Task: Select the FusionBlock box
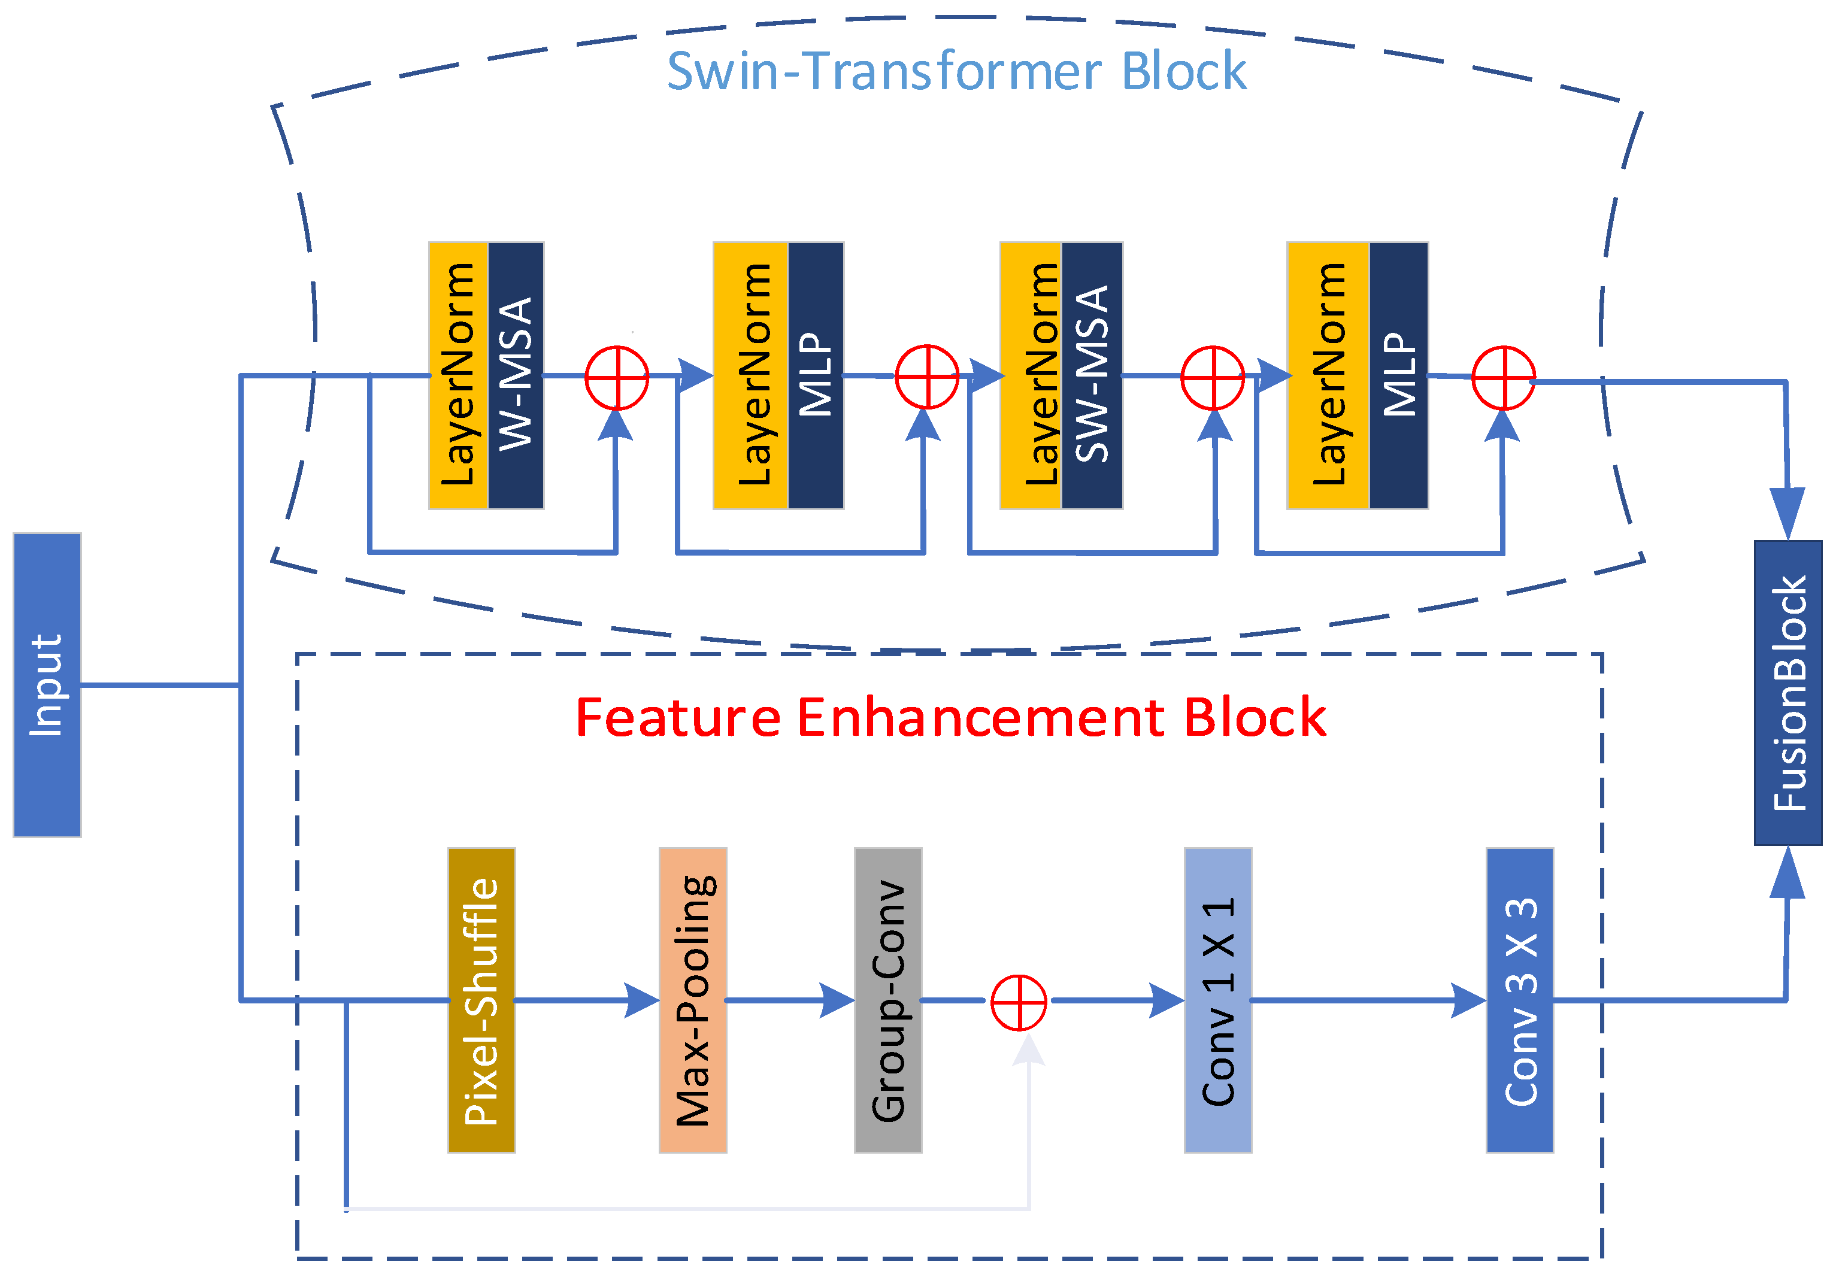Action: pos(1788,693)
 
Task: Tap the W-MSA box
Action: pos(516,375)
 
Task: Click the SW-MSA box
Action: pos(1092,375)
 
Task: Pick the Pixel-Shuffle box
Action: pos(481,1000)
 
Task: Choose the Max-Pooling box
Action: pos(692,1000)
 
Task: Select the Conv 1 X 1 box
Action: pos(1218,1000)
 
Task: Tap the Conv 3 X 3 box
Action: pos(1519,1000)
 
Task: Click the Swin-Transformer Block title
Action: pos(956,71)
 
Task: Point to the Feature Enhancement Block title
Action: pos(951,717)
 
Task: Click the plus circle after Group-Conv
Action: pos(1019,1002)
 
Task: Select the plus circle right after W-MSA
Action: pos(617,377)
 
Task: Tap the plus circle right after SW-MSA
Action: pos(1212,377)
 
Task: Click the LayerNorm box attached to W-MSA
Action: pos(458,375)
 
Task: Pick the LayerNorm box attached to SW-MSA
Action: pos(1031,375)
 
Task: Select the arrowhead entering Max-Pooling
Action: pos(641,1000)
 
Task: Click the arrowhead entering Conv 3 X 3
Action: pos(1468,1000)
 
